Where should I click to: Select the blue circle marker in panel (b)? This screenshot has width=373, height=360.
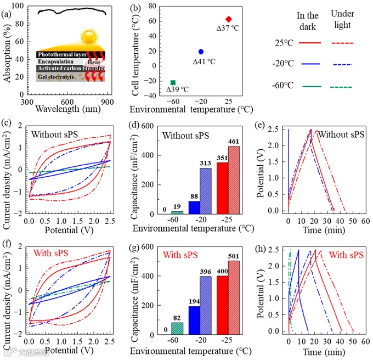pos(201,52)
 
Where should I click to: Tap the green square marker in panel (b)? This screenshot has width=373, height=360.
pos(173,82)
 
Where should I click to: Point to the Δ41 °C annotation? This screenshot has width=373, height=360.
pos(204,61)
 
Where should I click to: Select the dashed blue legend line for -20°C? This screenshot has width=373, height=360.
pos(341,64)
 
